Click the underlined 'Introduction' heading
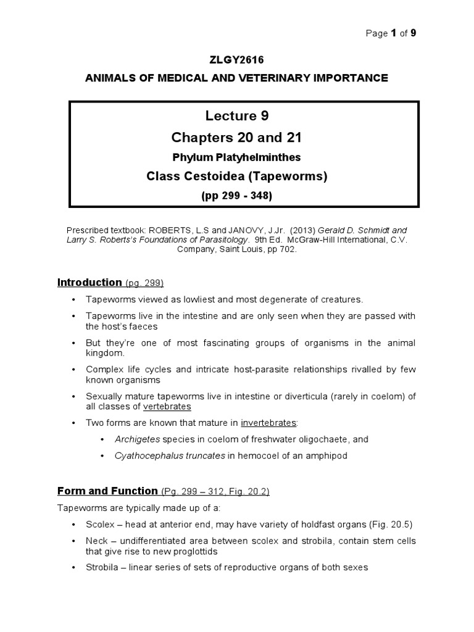[89, 283]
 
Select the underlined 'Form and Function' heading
[107, 491]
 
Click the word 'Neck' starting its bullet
[96, 541]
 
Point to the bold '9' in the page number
[414, 33]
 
